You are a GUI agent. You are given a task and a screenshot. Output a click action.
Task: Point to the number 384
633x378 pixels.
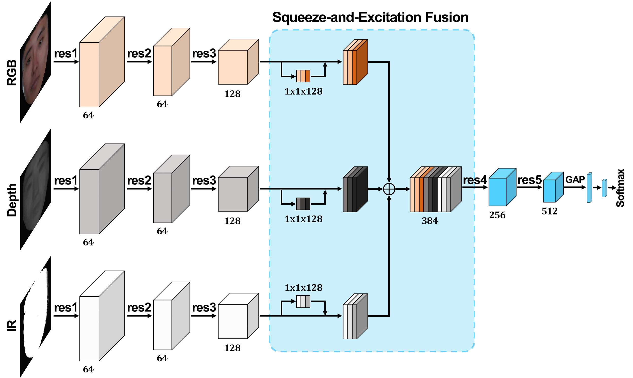coord(430,221)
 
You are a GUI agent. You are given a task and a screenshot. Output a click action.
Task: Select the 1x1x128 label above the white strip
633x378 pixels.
coord(303,288)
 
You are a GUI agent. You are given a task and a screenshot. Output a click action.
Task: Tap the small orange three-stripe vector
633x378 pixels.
coord(303,76)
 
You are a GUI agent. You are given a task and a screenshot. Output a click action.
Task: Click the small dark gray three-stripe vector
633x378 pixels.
coord(303,204)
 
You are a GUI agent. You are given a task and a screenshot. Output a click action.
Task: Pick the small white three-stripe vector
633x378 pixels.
coord(303,302)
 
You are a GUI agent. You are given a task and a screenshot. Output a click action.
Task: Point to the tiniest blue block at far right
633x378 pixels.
coord(604,188)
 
